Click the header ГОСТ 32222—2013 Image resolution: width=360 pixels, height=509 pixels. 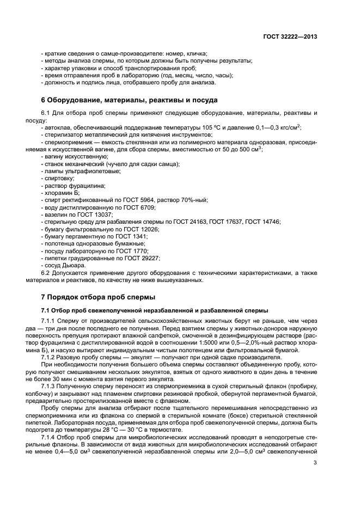click(x=288, y=36)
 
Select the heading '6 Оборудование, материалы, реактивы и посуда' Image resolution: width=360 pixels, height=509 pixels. click(x=130, y=100)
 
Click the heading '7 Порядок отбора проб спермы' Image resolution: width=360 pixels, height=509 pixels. click(x=98, y=297)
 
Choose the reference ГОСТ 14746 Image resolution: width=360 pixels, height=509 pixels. click(x=264, y=222)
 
